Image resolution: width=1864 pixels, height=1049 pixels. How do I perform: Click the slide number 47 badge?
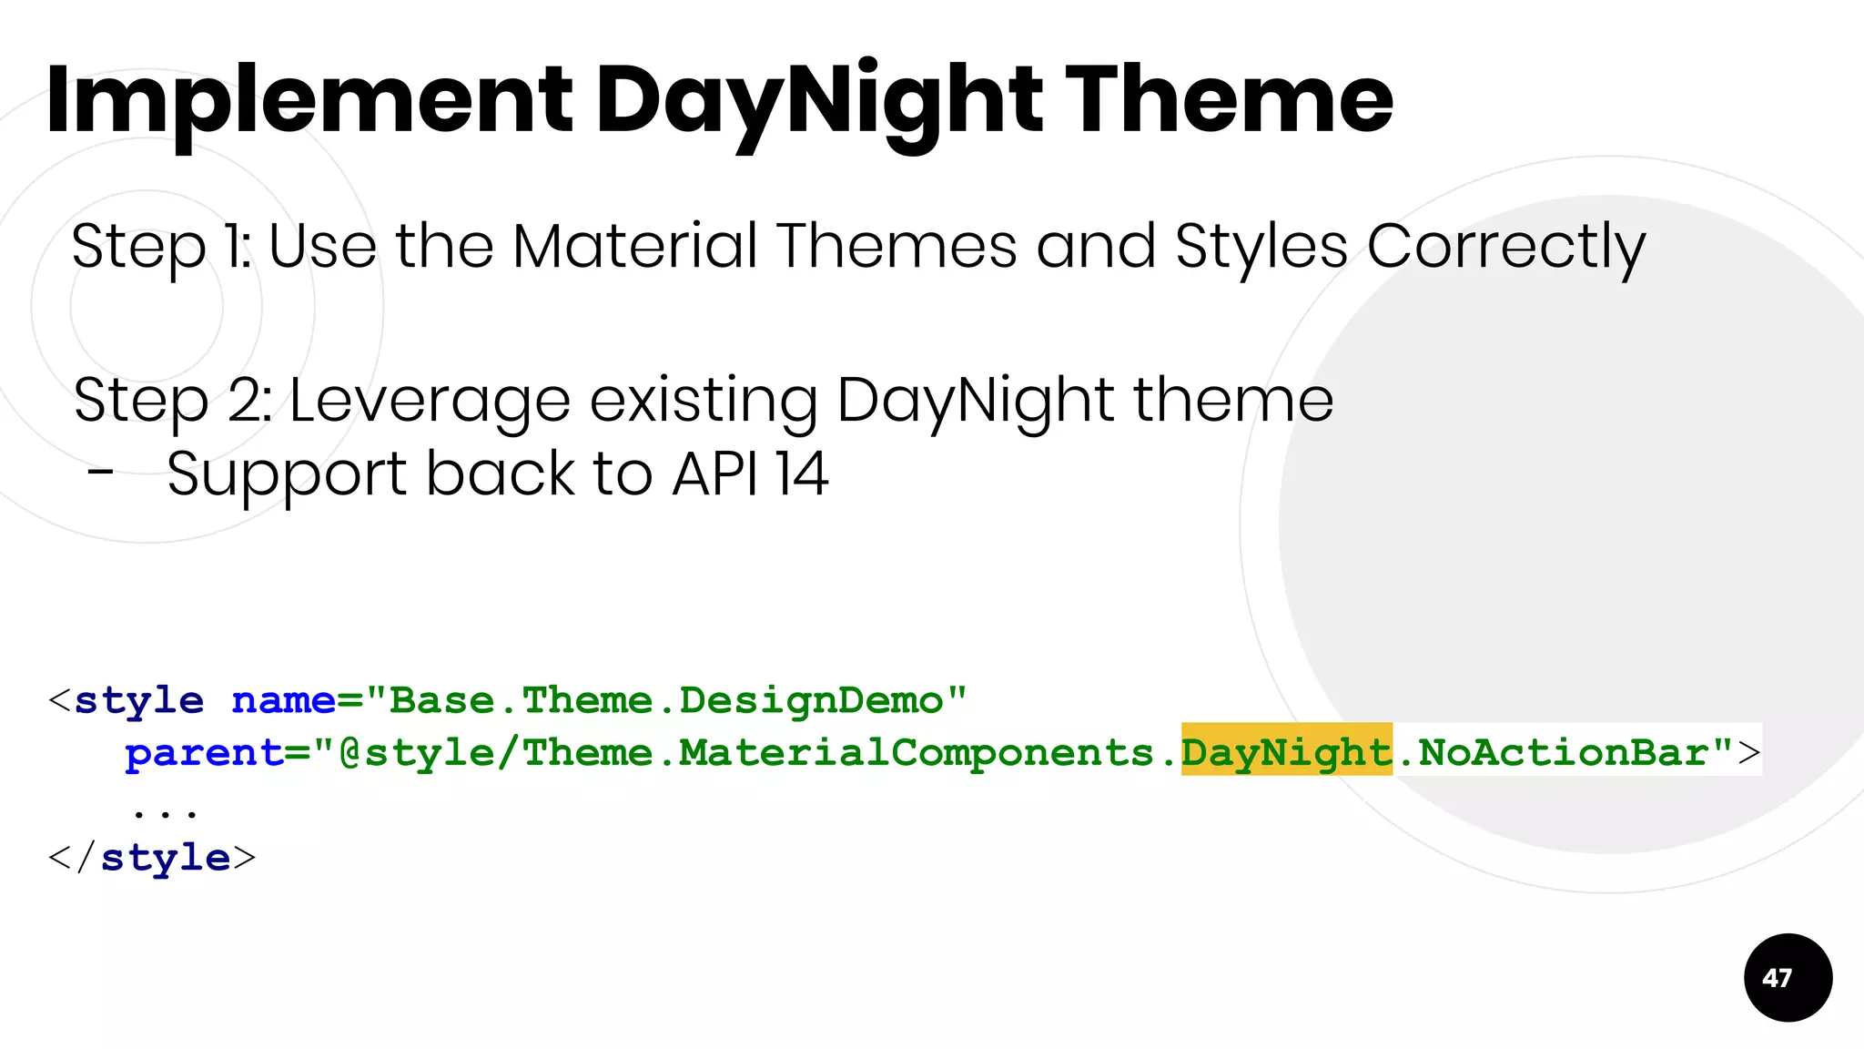[x=1788, y=978]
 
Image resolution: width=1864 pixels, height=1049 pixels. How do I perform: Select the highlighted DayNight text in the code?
[x=1286, y=752]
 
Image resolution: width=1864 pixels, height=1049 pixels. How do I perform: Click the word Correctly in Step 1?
[x=1505, y=248]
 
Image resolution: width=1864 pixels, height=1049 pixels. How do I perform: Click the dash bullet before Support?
[x=101, y=473]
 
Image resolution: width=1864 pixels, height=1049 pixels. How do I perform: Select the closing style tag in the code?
[x=152, y=858]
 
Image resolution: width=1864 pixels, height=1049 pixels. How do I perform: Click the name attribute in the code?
[x=283, y=700]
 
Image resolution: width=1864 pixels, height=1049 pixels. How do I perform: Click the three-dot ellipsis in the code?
[x=165, y=809]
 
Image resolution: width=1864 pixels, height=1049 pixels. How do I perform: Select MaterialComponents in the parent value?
[x=916, y=753]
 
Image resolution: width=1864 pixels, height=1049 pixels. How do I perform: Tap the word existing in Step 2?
[x=703, y=401]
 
